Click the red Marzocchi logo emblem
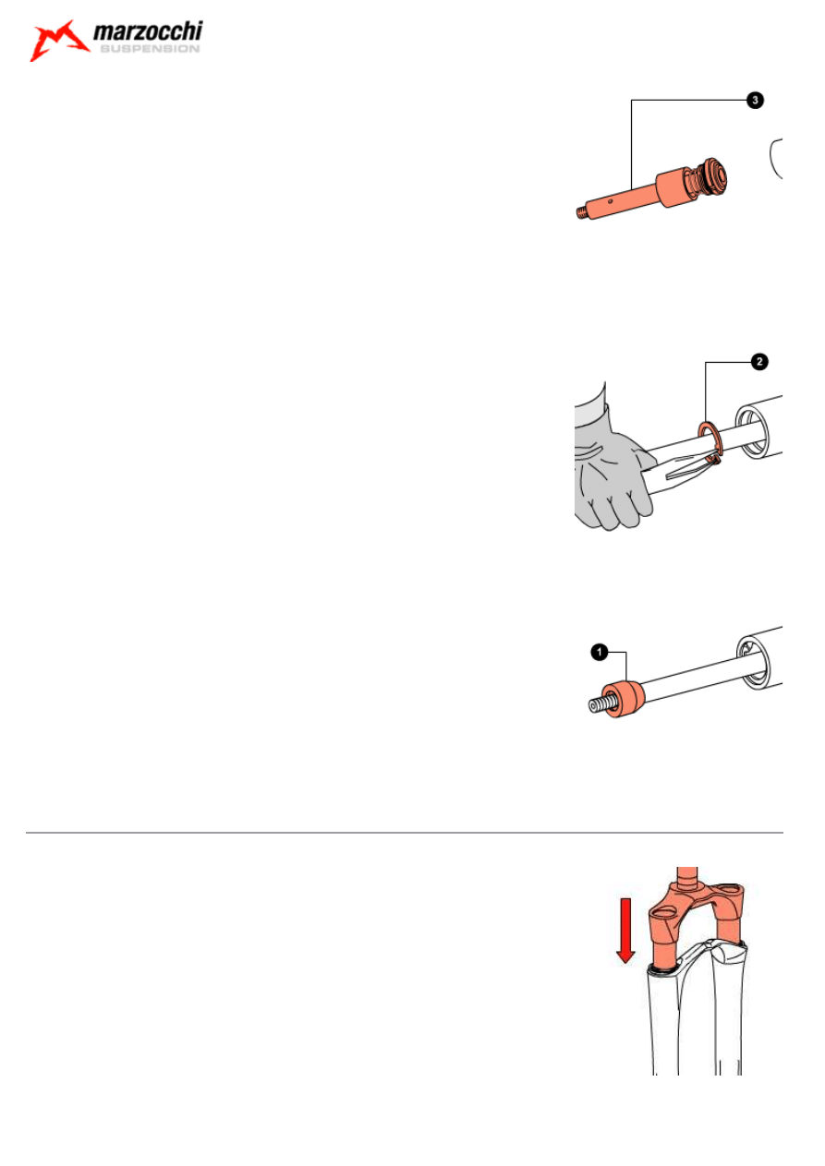58,40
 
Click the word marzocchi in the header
148,32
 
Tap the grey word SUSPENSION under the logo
150,49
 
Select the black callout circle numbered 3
755,100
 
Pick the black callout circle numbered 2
759,362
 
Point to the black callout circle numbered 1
600,652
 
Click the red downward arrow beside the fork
625,931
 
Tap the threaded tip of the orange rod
582,211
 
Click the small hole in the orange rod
610,198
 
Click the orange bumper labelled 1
624,699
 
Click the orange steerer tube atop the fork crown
687,875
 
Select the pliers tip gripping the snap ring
713,460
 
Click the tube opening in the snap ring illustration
752,433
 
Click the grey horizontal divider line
404,833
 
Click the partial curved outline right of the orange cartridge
774,159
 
